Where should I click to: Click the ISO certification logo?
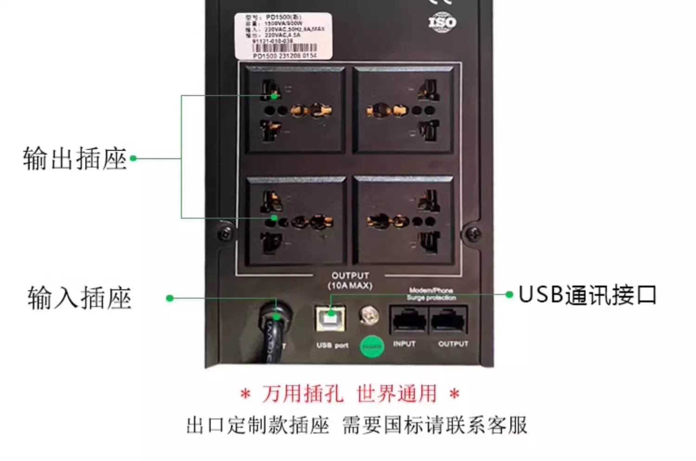442,22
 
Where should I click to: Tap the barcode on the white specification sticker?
284,48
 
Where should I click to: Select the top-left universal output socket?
296,110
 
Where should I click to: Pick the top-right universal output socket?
403,110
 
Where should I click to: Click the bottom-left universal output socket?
296,221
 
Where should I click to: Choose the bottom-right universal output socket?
403,221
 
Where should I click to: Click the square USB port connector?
330,318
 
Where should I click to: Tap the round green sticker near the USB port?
372,346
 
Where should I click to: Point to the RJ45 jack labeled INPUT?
409,320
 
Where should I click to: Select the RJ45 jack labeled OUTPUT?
449,320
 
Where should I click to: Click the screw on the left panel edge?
226,233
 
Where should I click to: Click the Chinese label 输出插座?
75,158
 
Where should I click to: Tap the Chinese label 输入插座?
79,298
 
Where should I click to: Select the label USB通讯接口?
587,295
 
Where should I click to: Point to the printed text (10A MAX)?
350,285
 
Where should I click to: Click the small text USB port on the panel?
332,345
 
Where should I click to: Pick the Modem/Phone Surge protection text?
431,294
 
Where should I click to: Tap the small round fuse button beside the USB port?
369,315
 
